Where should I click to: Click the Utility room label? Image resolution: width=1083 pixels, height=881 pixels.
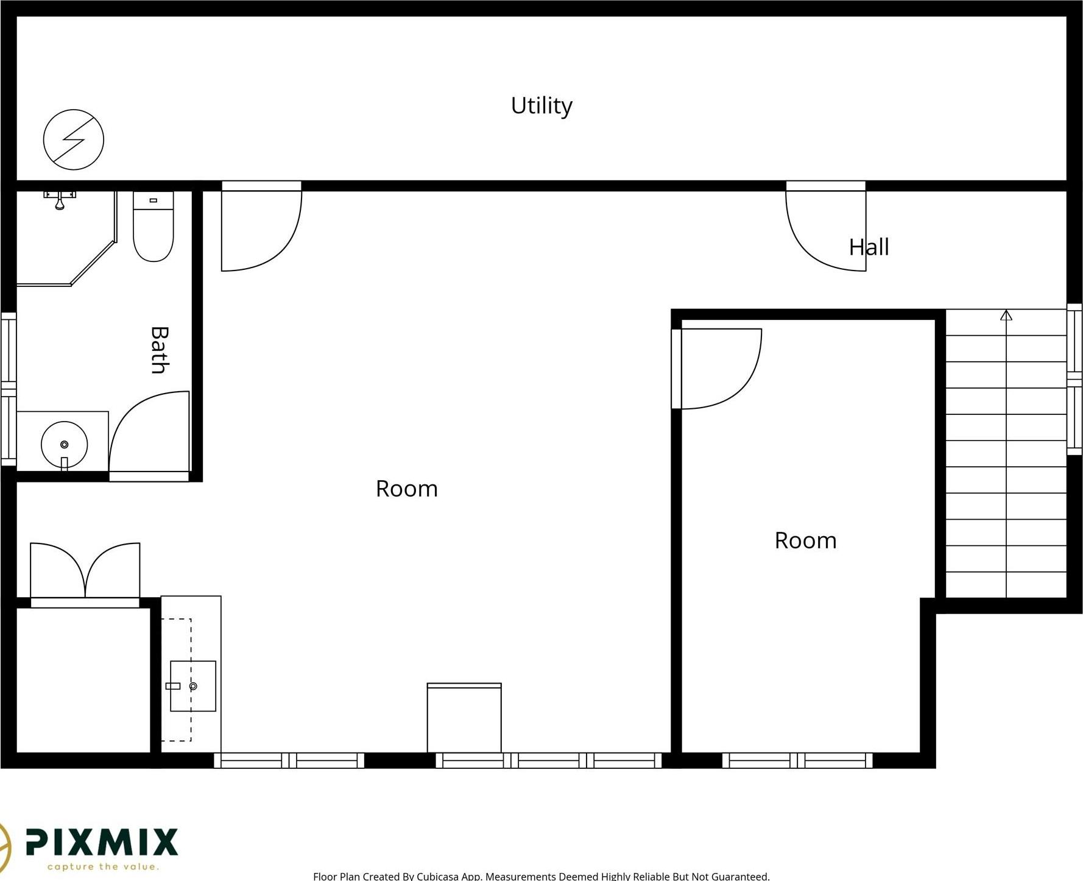tap(541, 106)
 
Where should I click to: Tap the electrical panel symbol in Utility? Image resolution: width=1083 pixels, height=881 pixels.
tap(74, 140)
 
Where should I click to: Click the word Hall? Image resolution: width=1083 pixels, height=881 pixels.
tap(869, 247)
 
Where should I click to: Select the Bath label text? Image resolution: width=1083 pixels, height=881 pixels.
tap(160, 350)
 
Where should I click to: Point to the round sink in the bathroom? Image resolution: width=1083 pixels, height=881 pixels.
tap(65, 445)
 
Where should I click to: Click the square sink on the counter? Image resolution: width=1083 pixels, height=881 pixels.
tap(192, 686)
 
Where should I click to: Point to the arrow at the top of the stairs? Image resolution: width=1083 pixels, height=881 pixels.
tap(1006, 315)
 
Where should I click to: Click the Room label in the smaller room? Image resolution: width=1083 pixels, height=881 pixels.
tap(805, 540)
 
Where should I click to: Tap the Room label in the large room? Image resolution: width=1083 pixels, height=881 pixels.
tap(406, 489)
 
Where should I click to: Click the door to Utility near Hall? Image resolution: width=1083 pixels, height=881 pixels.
tap(826, 226)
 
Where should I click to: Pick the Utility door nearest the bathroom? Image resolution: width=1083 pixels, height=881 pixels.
tap(261, 226)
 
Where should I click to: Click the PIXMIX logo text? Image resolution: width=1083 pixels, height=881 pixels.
tap(102, 843)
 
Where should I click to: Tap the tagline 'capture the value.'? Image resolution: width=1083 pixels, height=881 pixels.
tap(103, 866)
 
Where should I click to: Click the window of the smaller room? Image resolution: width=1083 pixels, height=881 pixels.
tap(797, 760)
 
